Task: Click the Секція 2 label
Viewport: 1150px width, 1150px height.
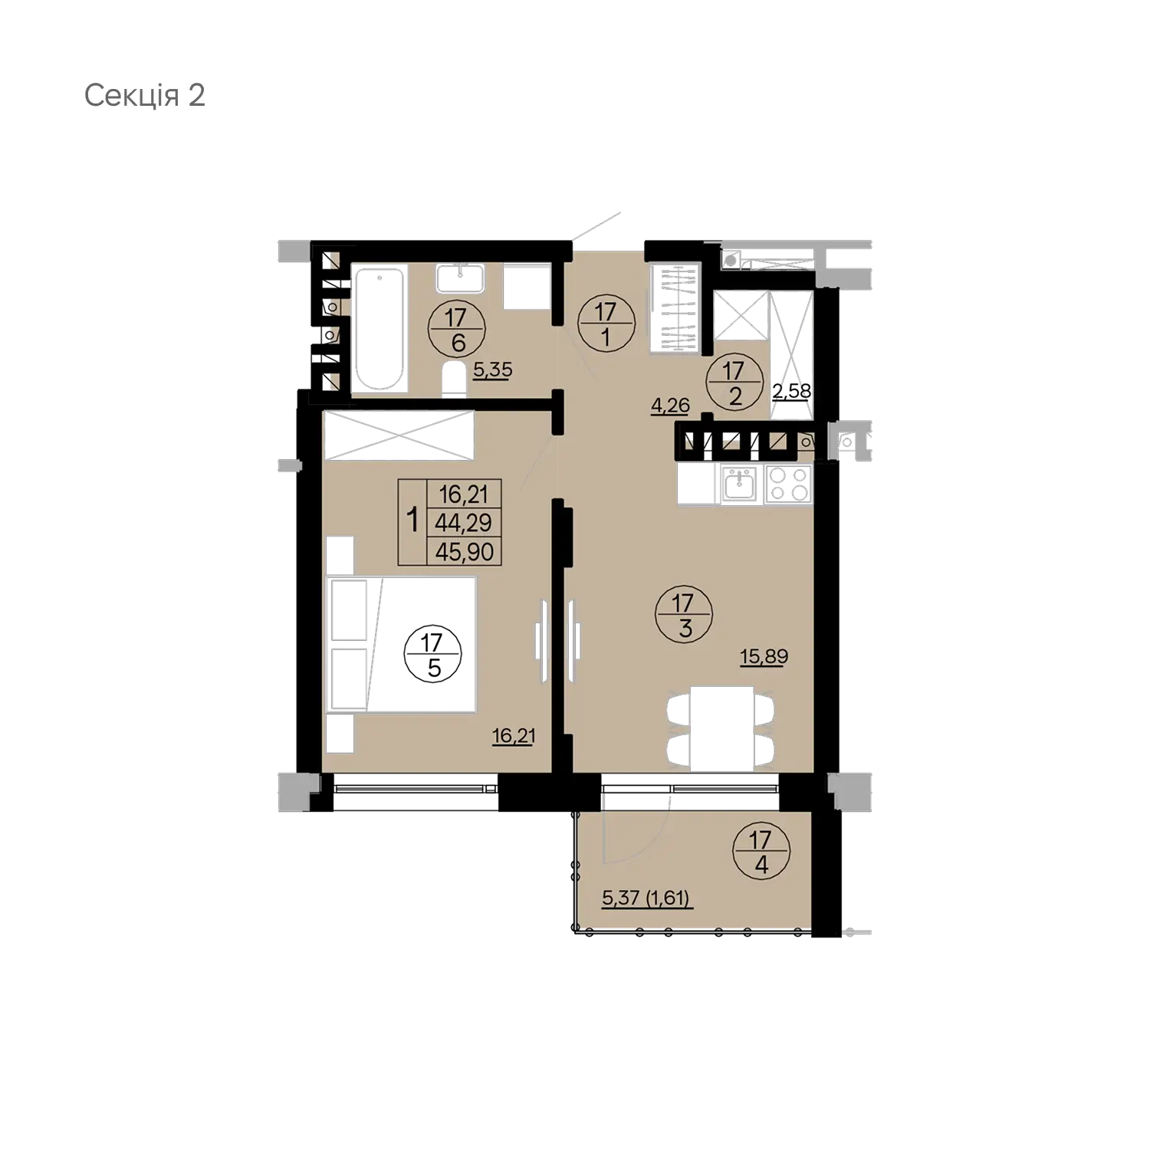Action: (x=145, y=96)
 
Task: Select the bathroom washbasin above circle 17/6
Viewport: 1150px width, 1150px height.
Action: (x=459, y=278)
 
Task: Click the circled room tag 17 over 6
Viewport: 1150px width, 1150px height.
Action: (x=458, y=329)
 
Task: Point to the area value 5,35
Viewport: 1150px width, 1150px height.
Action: (x=492, y=371)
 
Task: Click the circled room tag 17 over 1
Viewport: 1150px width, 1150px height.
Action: (x=606, y=324)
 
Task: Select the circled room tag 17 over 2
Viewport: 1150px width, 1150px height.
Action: (x=734, y=383)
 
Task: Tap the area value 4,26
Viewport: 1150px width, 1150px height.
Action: (x=670, y=405)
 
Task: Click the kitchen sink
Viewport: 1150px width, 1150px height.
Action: (x=741, y=484)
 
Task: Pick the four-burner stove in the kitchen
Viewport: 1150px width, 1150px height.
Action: (x=789, y=484)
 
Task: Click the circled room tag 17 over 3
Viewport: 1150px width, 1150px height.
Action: (x=685, y=616)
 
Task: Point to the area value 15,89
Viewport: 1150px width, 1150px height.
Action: (x=764, y=656)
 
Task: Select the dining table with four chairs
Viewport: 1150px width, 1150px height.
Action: (x=721, y=727)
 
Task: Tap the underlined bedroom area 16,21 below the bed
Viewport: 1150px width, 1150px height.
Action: (x=513, y=737)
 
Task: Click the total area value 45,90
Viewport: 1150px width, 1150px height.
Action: (x=464, y=551)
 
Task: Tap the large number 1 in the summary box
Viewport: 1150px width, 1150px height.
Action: (x=412, y=521)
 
